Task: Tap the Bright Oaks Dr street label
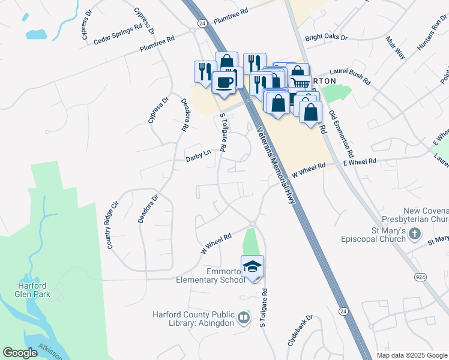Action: (x=326, y=37)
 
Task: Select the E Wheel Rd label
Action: (x=359, y=161)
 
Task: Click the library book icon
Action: (x=244, y=317)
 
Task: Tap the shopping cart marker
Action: (x=300, y=84)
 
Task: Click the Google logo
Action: (x=20, y=353)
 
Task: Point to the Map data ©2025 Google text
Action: (x=411, y=355)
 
